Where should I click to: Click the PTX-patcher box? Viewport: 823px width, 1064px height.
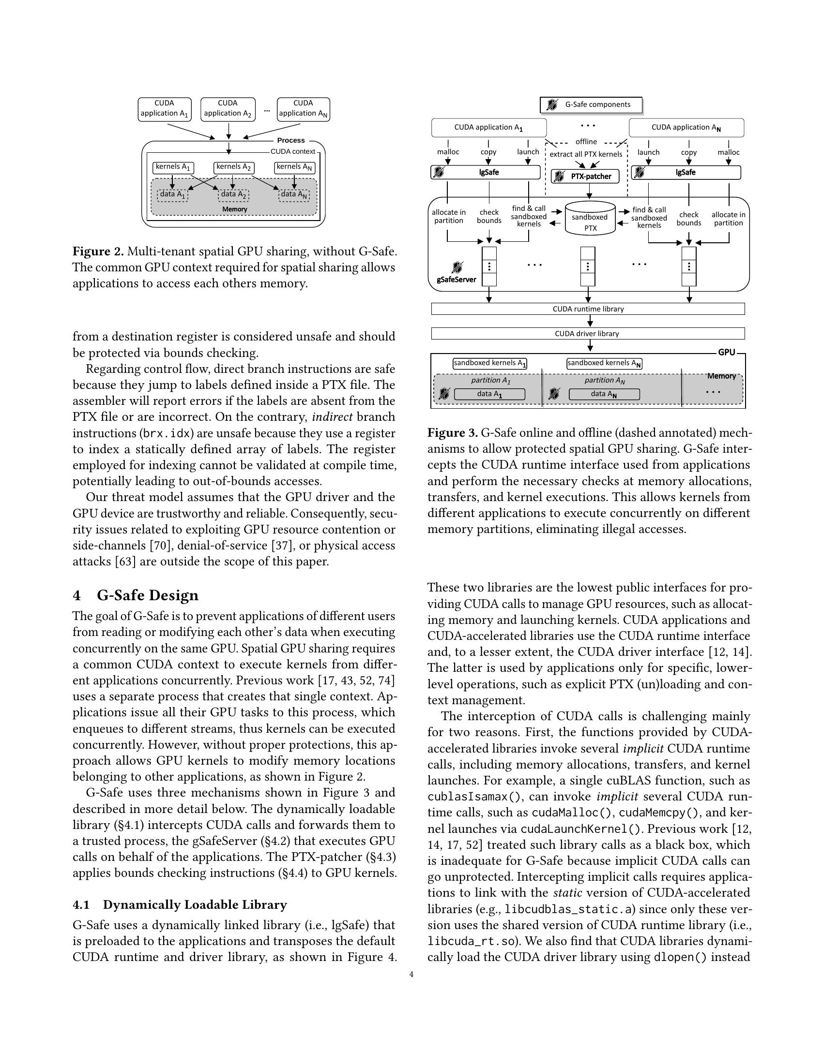coord(585,177)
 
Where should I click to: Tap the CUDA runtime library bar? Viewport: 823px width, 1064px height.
coord(588,309)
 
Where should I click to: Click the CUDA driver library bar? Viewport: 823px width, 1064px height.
coord(588,334)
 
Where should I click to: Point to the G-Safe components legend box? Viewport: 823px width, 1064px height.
coord(591,105)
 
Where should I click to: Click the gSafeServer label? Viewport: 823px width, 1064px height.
coord(456,280)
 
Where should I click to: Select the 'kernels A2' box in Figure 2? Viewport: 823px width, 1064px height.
coord(233,167)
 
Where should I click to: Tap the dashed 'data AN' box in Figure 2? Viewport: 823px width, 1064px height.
coord(294,194)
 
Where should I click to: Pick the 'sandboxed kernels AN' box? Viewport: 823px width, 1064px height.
coord(604,363)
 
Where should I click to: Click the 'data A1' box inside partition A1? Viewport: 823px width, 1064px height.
coord(489,394)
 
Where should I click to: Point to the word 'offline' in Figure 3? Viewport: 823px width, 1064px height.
coord(586,142)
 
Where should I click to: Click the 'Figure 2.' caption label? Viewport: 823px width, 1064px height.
coord(98,252)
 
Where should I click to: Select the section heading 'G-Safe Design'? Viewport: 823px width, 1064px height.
coord(147,595)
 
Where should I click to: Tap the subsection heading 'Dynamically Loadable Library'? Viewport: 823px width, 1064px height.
coord(195,905)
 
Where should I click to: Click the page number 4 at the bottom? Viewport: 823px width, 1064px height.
coord(411,975)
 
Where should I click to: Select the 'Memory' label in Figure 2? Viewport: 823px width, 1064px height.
coord(234,209)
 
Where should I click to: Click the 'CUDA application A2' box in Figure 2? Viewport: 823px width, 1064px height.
coord(228,109)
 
